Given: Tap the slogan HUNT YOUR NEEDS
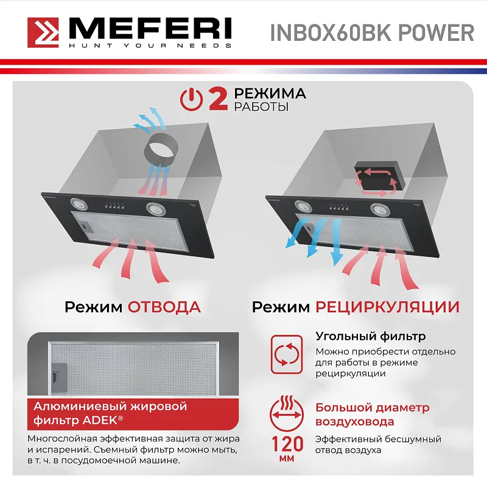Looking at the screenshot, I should (x=149, y=46).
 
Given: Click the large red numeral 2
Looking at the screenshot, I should (x=219, y=99).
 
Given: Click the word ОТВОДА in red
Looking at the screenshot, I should (x=164, y=306).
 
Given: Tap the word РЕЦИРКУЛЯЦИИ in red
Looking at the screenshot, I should (x=387, y=306).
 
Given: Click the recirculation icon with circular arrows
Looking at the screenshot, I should (x=286, y=353).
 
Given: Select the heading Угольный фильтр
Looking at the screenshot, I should (x=370, y=336).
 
